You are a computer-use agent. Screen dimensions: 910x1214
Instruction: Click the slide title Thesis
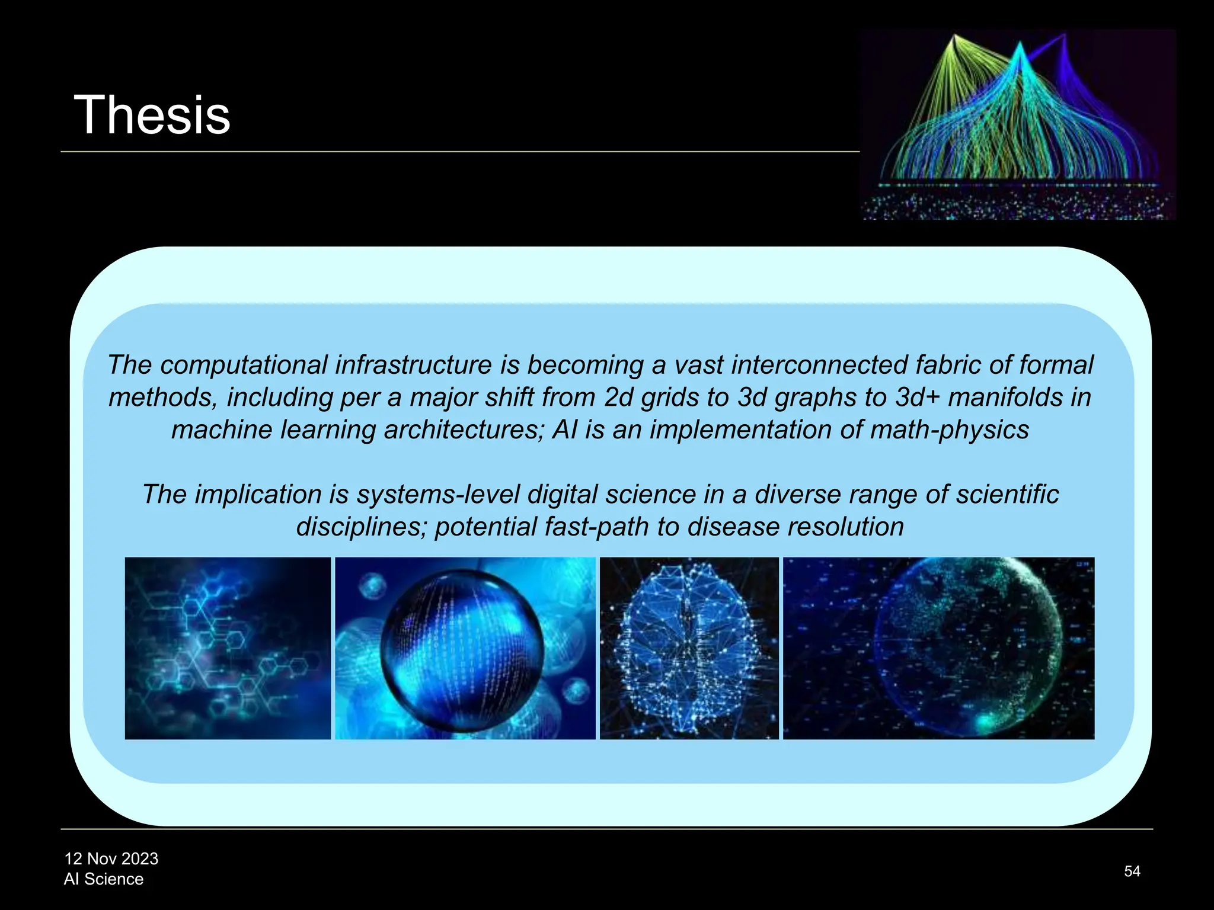[x=152, y=115]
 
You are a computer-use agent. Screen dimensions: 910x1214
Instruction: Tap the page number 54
[x=1132, y=871]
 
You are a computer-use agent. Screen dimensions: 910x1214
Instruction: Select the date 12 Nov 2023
[x=111, y=858]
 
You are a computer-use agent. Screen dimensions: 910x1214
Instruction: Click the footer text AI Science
[x=104, y=879]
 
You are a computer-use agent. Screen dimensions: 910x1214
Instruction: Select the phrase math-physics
[x=950, y=430]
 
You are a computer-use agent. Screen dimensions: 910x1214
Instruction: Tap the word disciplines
[x=361, y=527]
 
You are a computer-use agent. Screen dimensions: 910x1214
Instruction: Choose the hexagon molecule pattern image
[x=228, y=648]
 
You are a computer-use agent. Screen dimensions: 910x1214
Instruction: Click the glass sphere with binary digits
[x=462, y=650]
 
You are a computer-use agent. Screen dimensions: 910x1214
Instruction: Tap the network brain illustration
[x=689, y=648]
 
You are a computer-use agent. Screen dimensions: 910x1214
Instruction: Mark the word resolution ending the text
[x=845, y=527]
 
